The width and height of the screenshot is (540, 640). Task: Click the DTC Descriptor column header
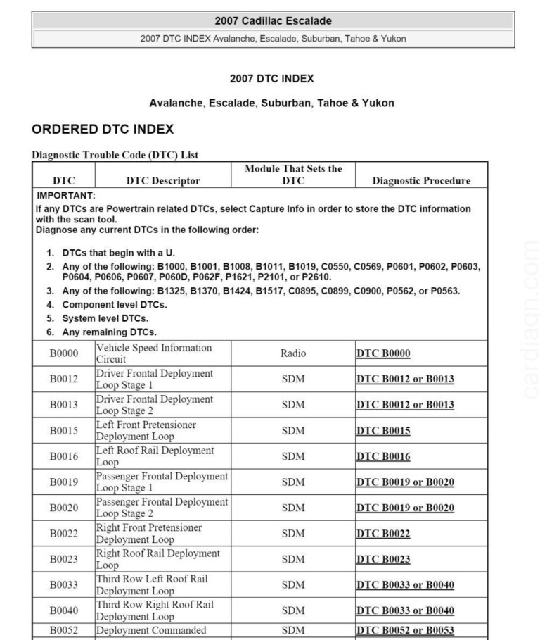point(163,180)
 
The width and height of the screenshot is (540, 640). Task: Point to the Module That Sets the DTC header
point(294,175)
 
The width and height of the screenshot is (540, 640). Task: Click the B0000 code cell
point(63,353)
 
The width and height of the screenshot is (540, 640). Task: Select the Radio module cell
point(294,353)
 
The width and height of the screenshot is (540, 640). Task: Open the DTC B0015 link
point(383,431)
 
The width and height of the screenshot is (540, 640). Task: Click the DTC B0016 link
point(383,456)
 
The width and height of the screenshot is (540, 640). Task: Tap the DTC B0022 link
point(383,534)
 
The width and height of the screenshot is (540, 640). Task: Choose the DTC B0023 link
point(383,560)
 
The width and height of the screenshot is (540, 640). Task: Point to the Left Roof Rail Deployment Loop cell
point(156,456)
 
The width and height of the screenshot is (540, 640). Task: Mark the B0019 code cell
point(63,482)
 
